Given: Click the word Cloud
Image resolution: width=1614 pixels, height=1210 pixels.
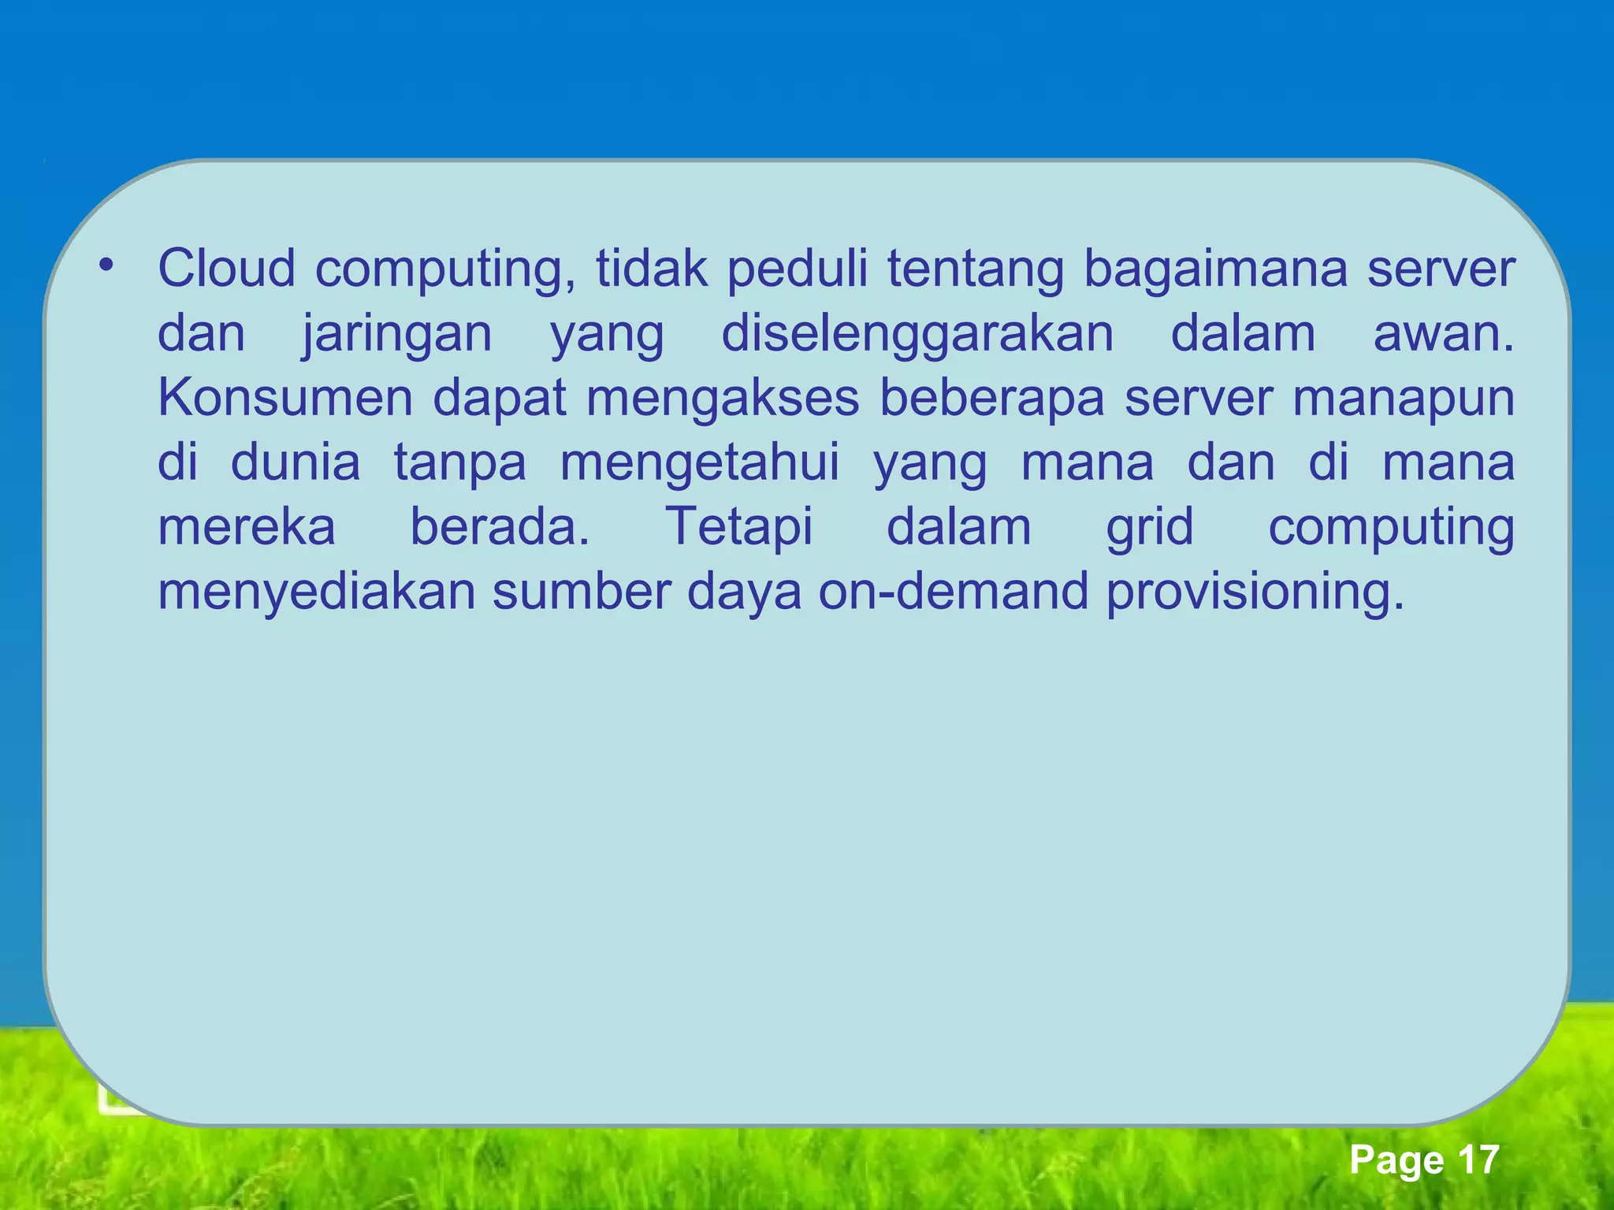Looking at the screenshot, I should point(227,269).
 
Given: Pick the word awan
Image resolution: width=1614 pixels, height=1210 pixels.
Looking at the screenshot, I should point(1443,334).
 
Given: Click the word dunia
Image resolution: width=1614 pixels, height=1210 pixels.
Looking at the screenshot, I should point(296,462).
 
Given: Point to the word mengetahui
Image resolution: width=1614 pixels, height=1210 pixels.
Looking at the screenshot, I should point(700,464).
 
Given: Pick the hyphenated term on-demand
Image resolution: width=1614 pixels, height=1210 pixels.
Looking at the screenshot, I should point(954,592).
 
